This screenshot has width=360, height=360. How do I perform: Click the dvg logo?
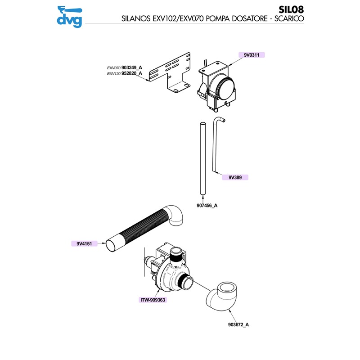coord(70,15)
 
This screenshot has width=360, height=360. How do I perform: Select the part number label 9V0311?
coord(250,54)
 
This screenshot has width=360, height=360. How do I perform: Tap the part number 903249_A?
coord(132,67)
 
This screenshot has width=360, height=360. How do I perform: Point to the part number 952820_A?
coord(132,73)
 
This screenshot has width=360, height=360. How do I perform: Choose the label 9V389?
coord(235,177)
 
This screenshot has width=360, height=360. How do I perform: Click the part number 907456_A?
coord(207,206)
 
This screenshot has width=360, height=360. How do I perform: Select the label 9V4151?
coord(84,244)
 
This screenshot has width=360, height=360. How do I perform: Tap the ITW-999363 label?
coord(153,299)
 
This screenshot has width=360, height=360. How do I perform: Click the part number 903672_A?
coord(237,324)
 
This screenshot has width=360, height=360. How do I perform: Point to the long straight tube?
coord(202,157)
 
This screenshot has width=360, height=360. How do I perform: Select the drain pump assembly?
coord(169,270)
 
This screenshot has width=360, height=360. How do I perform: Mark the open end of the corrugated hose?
coord(111,246)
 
